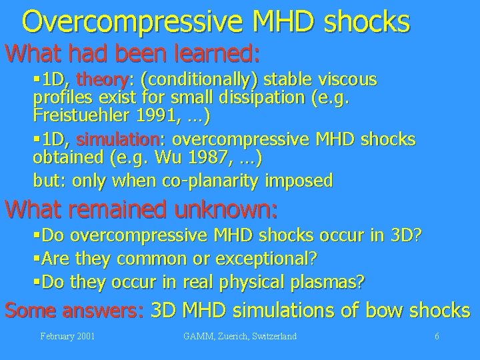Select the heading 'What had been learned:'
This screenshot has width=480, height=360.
(133, 51)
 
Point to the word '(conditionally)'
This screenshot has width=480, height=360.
(204, 81)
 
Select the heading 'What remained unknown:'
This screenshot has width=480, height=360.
(141, 210)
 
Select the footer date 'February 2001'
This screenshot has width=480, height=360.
(66, 337)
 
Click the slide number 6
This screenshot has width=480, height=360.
(437, 337)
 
